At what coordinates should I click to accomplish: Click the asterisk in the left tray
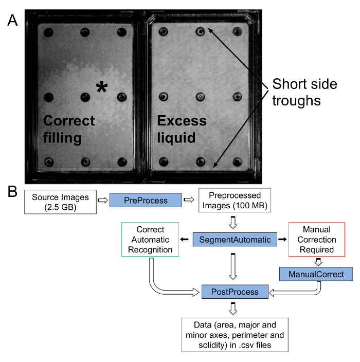coord(102,87)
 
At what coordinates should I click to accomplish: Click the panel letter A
coord(12,20)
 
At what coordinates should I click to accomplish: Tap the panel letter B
coord(12,191)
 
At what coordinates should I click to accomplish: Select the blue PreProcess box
coord(146,200)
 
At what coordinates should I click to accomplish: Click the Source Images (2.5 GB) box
coord(60,202)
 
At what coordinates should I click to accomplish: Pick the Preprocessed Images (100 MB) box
coord(235,200)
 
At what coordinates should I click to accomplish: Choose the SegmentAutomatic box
coord(235,240)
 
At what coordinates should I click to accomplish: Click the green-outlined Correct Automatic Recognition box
coord(150,240)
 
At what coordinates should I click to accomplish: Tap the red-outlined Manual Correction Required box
coord(317,240)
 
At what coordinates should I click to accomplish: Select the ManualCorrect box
coord(316,274)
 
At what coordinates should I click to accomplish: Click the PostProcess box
coord(235,292)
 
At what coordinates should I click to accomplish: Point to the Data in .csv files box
coord(235,335)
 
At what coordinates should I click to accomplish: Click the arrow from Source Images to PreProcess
coord(103,200)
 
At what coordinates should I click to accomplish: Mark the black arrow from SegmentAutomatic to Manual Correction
coord(282,240)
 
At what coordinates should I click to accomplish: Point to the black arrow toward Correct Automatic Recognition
coord(184,240)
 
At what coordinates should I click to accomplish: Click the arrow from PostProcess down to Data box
coord(233,309)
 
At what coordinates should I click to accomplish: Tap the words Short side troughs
coord(304,92)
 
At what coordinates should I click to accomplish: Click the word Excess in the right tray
coord(182,121)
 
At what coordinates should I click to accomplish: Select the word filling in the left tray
coord(62,138)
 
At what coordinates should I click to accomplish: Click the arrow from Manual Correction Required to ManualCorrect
coord(318,262)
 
